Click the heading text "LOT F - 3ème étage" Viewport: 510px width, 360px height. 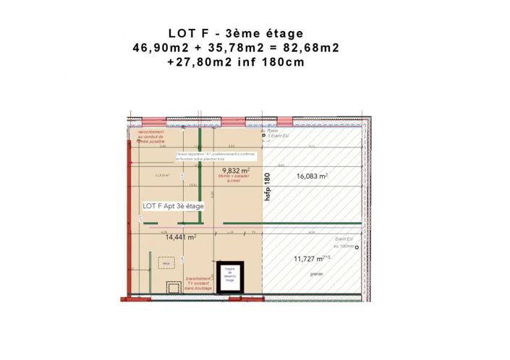tap(236, 33)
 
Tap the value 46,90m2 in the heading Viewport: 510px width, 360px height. tap(158, 48)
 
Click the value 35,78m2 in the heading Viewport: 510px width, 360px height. tap(231, 48)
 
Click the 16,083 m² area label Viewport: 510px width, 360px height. tap(312, 176)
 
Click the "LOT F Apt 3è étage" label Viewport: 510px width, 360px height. tap(174, 206)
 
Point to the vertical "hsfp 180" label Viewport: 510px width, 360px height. tap(267, 191)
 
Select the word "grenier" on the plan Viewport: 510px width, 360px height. tap(316, 274)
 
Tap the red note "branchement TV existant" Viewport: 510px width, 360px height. tap(197, 283)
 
